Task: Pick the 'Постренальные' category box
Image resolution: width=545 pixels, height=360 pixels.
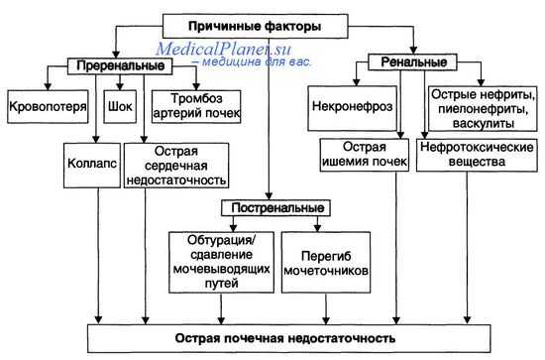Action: point(272,210)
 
